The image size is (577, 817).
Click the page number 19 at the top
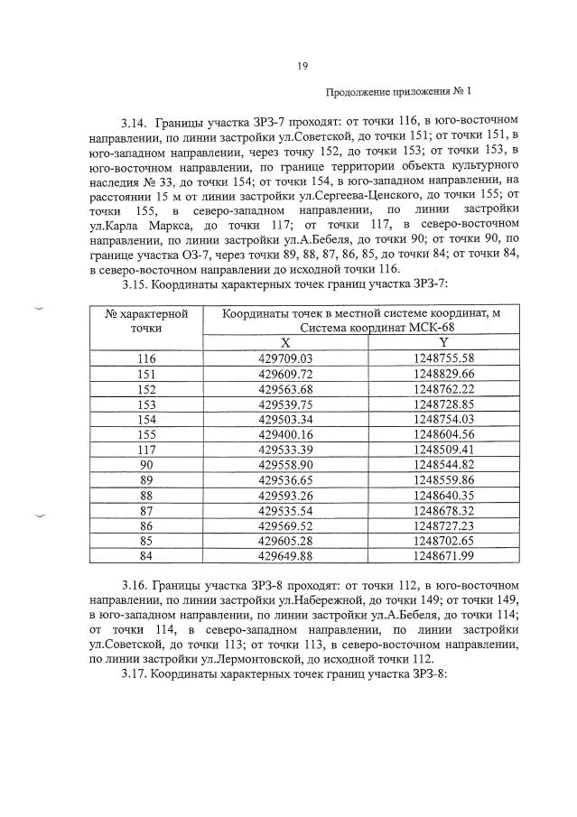click(x=302, y=65)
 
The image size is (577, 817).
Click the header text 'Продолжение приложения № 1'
click(x=398, y=92)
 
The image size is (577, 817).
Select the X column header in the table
click(x=285, y=342)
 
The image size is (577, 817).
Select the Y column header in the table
click(x=443, y=342)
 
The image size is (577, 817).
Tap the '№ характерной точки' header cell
click(x=145, y=320)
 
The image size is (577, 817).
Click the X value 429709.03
click(x=285, y=358)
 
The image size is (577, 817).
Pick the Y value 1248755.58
click(x=443, y=358)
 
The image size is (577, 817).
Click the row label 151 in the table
click(x=145, y=374)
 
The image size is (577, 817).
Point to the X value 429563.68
click(x=285, y=389)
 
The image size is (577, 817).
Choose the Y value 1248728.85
click(x=443, y=404)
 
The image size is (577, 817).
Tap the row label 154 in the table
click(x=145, y=419)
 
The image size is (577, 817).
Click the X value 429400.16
click(x=285, y=434)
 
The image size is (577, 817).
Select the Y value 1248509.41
click(x=443, y=450)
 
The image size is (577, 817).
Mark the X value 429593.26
click(x=285, y=495)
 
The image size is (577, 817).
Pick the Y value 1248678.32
click(x=443, y=510)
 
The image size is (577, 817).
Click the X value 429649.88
click(x=285, y=555)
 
